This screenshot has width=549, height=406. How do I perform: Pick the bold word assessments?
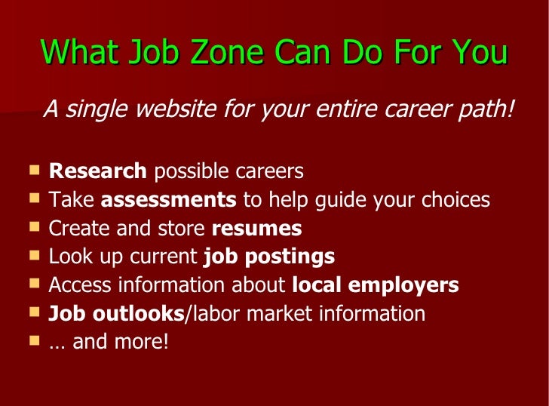[168, 200]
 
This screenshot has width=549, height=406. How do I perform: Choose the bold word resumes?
[256, 228]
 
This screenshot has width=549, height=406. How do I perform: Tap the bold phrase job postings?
[269, 257]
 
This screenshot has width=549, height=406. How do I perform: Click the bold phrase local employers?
[375, 285]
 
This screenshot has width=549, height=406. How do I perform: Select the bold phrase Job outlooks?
[116, 313]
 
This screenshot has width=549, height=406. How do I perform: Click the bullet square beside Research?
[35, 171]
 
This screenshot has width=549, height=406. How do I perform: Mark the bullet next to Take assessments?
[35, 198]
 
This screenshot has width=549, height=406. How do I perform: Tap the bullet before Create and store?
[35, 227]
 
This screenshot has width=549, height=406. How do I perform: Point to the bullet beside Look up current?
[35, 255]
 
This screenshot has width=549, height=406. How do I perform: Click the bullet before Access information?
[35, 284]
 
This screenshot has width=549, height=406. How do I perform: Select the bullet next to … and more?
[35, 340]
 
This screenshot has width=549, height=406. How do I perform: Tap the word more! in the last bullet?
[141, 342]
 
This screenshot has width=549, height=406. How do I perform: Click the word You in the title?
[479, 53]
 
